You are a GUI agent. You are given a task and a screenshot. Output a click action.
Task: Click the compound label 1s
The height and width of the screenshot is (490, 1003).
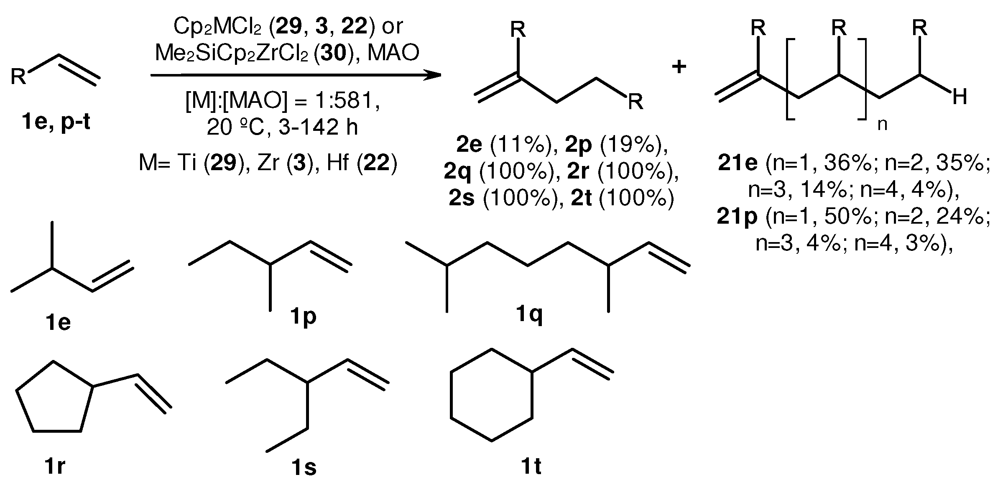(x=304, y=467)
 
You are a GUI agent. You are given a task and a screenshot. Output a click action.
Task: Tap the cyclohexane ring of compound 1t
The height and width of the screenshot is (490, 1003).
(x=491, y=395)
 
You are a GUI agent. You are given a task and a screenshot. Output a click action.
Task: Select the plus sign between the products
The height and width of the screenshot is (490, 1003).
(x=679, y=67)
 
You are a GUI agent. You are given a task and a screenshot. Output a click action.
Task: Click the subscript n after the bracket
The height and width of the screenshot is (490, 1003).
(x=882, y=124)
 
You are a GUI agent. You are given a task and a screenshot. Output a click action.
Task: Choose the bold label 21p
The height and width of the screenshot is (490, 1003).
(x=737, y=217)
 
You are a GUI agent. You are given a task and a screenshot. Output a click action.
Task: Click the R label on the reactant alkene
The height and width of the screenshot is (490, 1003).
(x=18, y=77)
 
